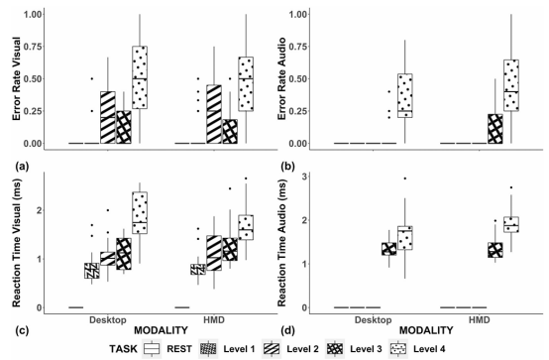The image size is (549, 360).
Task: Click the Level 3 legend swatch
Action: pyautogui.click(x=335, y=349)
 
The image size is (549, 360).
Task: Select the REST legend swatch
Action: pyautogui.click(x=152, y=349)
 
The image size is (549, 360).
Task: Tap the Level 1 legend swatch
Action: pyautogui.click(x=208, y=349)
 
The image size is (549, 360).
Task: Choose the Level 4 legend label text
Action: pyautogui.click(x=429, y=349)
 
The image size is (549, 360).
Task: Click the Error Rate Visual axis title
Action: pyautogui.click(x=17, y=78)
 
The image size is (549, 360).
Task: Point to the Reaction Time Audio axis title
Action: pyautogui.click(x=281, y=243)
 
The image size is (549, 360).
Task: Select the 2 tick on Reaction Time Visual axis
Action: pyautogui.click(x=38, y=210)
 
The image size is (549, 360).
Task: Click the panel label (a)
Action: pyautogui.click(x=22, y=167)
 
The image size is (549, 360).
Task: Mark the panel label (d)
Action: pyautogui.click(x=287, y=330)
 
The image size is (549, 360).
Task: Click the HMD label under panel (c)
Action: pyautogui.click(x=214, y=320)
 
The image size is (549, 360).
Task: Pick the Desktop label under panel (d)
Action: pyautogui.click(x=374, y=320)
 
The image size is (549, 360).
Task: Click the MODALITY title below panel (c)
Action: pyautogui.click(x=162, y=330)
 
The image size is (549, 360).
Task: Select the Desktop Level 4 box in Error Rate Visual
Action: pyautogui.click(x=140, y=77)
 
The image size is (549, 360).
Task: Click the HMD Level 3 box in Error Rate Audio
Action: pyautogui.click(x=495, y=129)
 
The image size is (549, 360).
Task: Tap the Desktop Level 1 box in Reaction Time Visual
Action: pyautogui.click(x=92, y=271)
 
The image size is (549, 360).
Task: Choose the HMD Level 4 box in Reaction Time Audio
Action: pyautogui.click(x=511, y=224)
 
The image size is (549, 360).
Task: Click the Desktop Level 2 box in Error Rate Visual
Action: pyautogui.click(x=108, y=117)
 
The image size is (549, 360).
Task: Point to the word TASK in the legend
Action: pyautogui.click(x=123, y=349)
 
